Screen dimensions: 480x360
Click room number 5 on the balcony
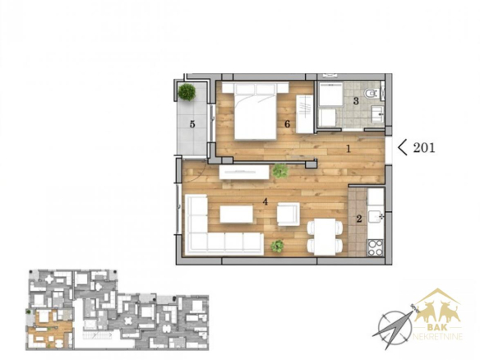click(x=192, y=124)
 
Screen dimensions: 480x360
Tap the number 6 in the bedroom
click(x=287, y=124)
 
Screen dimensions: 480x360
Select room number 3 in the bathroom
click(x=356, y=101)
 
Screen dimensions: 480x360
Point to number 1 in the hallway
click(x=348, y=149)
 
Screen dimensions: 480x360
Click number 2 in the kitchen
click(x=359, y=219)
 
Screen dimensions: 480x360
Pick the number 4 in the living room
click(x=265, y=201)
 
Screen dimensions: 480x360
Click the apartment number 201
click(x=424, y=148)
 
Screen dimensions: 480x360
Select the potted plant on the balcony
click(x=187, y=91)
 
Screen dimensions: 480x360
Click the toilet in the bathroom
click(x=372, y=93)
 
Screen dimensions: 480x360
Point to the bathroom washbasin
click(x=377, y=114)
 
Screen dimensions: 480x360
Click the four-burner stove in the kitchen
click(x=376, y=247)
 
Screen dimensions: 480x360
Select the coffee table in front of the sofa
click(x=237, y=215)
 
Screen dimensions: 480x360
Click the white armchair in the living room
click(x=288, y=214)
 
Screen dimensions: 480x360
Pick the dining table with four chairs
click(x=325, y=237)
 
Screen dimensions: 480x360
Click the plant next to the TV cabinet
click(x=280, y=171)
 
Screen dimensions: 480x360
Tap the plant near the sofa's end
click(x=277, y=246)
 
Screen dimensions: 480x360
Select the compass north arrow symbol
click(x=395, y=328)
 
